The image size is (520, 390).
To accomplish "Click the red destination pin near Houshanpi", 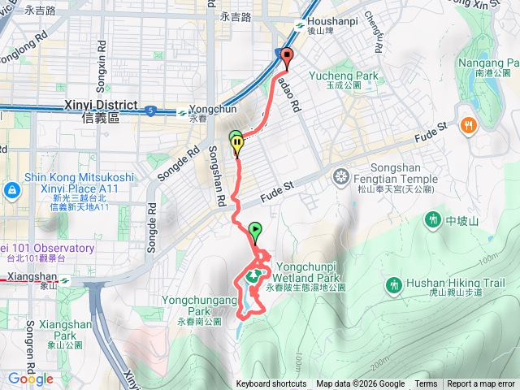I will [x=286, y=55].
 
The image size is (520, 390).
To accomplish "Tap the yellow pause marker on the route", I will [x=237, y=145].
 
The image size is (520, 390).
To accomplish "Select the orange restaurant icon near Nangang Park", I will [x=468, y=125].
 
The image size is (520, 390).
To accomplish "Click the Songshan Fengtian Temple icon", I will [x=342, y=175].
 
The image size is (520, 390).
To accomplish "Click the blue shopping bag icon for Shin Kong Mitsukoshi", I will [x=11, y=190].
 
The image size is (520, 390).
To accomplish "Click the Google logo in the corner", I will [x=31, y=379].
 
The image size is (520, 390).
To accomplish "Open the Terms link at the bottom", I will [x=426, y=384].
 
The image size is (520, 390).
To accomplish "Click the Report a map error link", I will [x=480, y=384].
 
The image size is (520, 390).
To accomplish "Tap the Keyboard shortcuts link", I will [x=271, y=384].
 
